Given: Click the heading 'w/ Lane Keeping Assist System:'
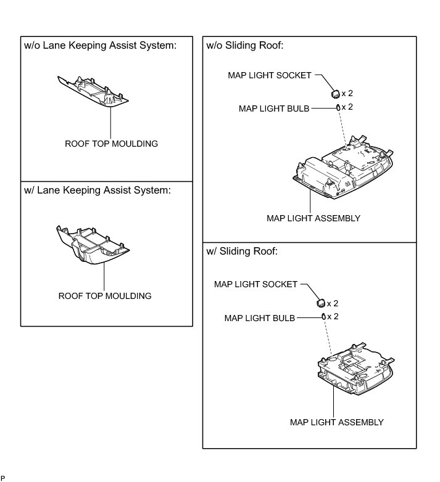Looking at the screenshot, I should (x=98, y=190).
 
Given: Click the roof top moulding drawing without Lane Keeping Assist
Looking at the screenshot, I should (x=94, y=91).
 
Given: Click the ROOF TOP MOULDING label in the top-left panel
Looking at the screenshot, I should (x=111, y=144).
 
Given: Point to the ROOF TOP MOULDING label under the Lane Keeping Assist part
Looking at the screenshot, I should (x=104, y=296).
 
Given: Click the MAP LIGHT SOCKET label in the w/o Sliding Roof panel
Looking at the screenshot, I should (x=270, y=75).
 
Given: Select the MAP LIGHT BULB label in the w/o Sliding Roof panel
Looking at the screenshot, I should (x=274, y=107).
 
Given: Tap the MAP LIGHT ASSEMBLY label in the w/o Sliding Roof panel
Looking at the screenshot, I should (x=313, y=218).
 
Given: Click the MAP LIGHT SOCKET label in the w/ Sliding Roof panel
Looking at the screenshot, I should (x=255, y=284).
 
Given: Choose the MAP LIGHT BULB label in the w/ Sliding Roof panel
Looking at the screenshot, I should (x=260, y=318).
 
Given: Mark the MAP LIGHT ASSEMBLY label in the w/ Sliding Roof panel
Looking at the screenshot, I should (x=336, y=422).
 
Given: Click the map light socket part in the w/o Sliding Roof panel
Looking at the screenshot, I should (x=334, y=94).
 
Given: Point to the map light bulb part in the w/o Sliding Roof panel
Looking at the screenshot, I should (x=338, y=107).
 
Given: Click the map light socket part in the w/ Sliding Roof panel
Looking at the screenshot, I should (x=320, y=303).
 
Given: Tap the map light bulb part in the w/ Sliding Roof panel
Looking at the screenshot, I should (x=323, y=317).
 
